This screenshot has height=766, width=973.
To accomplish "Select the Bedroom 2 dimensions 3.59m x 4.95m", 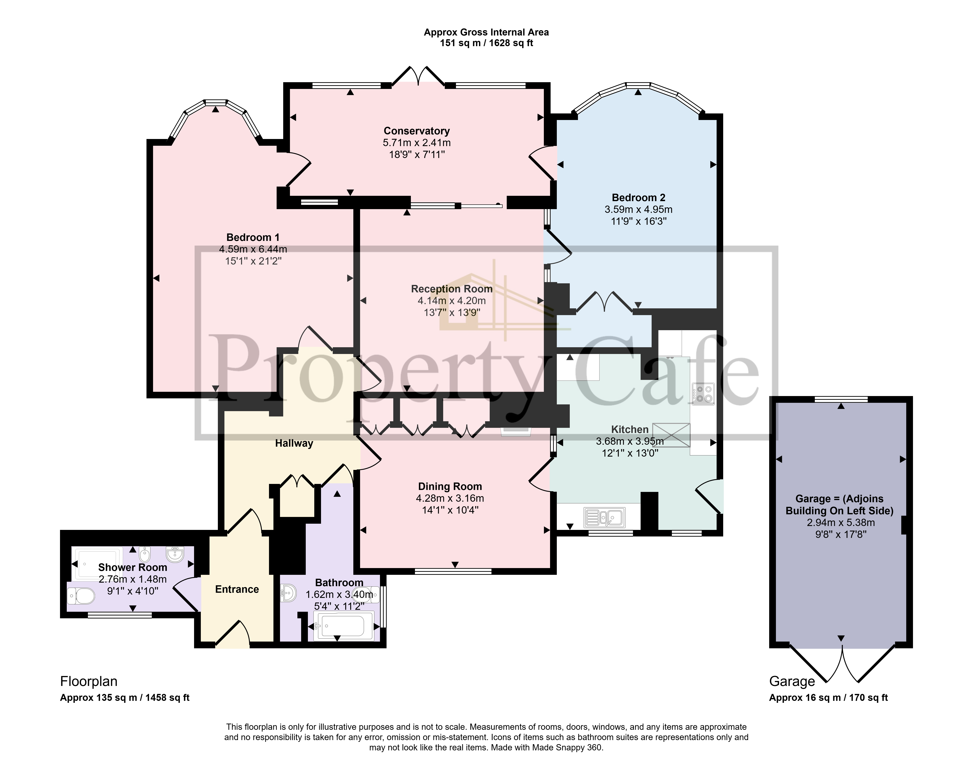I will click(x=638, y=209).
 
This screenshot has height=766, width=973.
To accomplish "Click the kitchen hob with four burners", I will click(x=703, y=394).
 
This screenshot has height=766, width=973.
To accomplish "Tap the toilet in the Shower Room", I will click(x=81, y=596).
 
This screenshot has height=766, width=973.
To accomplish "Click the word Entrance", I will click(x=237, y=589).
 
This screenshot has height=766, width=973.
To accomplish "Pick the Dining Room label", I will click(x=450, y=487).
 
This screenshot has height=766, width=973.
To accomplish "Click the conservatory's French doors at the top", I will click(x=418, y=76).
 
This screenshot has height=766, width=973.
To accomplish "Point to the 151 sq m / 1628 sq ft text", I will click(x=486, y=43).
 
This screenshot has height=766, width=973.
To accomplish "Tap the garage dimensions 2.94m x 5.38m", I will click(x=839, y=522).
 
